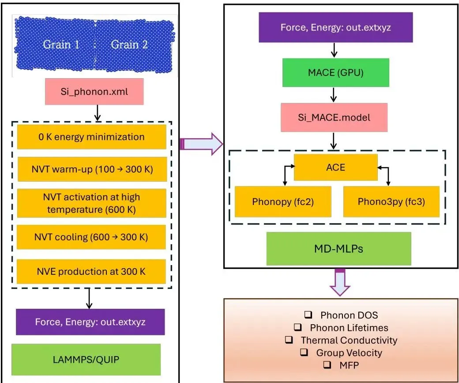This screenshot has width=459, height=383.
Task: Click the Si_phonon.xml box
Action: coord(94,91)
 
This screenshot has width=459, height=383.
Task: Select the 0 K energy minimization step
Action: coord(92,137)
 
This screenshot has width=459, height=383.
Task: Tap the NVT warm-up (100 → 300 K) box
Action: coord(92,169)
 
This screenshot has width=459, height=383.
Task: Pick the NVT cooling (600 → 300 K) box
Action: coord(91,237)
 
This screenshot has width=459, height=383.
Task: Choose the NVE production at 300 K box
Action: coord(91,271)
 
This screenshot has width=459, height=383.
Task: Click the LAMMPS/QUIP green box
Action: coord(86,360)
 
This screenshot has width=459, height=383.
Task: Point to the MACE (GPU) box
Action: coord(336,73)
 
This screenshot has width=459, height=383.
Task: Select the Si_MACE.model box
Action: coord(334,118)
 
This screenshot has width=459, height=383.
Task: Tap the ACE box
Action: coord(336,167)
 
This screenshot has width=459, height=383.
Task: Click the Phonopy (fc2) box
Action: coord(283,201)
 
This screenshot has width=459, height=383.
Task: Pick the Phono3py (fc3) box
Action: coord(391,201)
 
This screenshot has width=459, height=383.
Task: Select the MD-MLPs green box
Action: coord(339,249)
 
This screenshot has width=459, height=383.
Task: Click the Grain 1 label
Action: coord(61,45)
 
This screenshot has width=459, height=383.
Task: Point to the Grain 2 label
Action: coord(129,45)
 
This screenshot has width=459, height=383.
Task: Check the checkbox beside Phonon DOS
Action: coord(308,315)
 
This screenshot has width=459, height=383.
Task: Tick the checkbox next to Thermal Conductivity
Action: coord(289,340)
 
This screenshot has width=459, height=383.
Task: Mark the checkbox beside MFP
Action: coord(327,364)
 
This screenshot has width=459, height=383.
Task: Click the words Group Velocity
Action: coord(349,353)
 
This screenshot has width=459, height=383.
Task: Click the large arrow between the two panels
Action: coord(201,144)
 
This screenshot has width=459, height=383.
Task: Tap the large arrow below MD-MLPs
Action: coord(340,282)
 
